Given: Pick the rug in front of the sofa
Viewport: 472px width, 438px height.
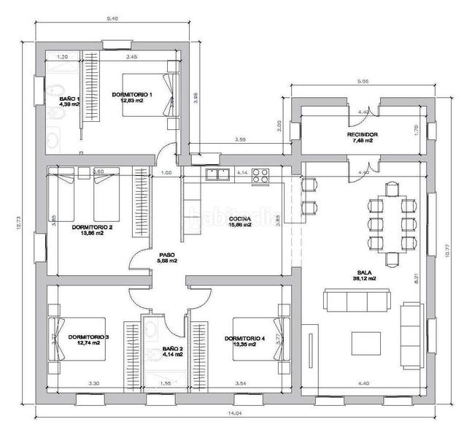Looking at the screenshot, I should [367, 342].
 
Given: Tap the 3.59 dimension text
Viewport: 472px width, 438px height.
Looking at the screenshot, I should [239, 139].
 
